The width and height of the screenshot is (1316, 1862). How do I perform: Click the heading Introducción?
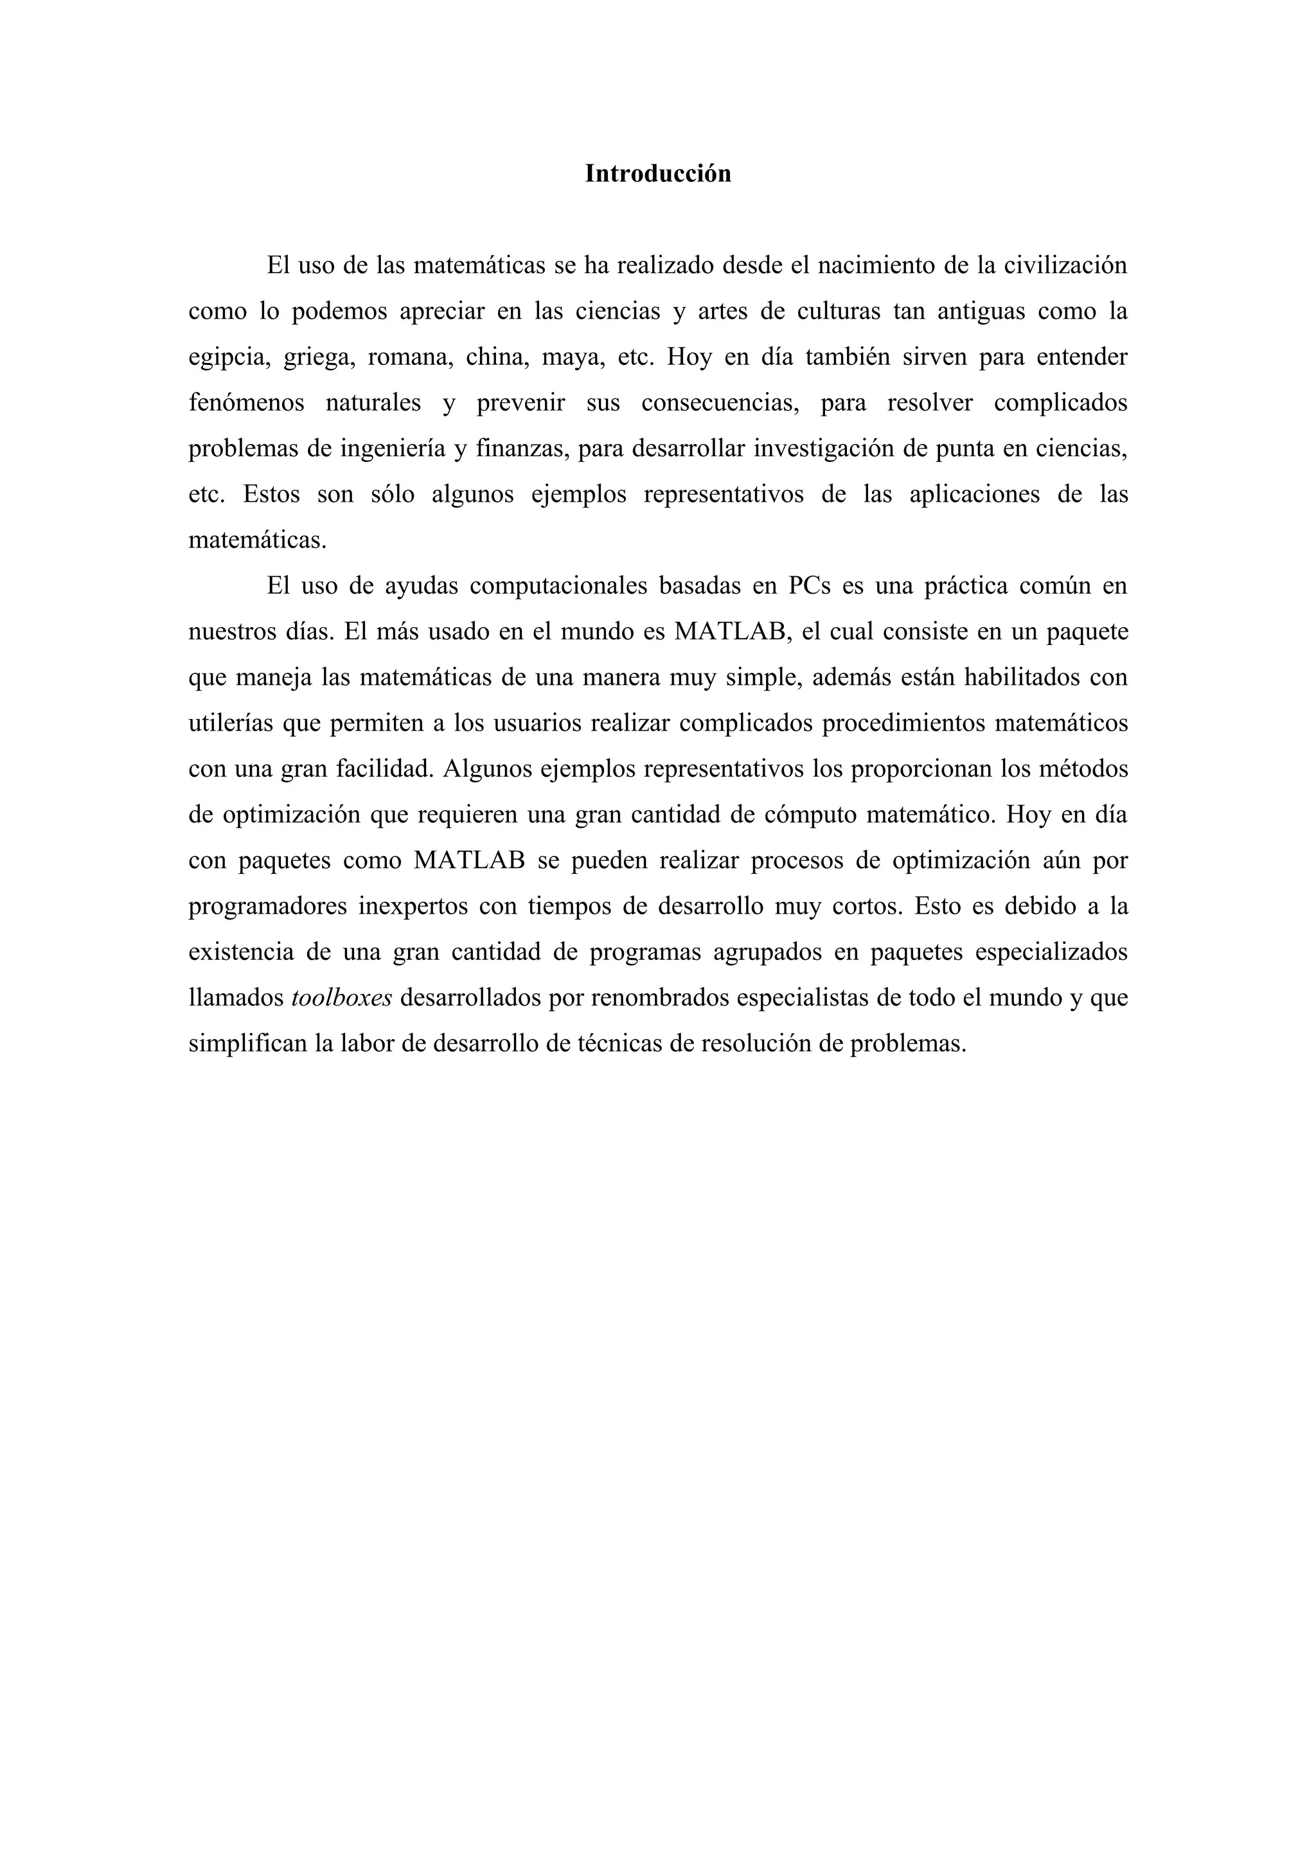point(657,173)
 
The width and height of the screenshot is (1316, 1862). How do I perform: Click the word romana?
point(409,358)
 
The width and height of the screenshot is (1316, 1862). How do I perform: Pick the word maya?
point(573,358)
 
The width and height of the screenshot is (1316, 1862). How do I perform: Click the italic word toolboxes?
point(341,997)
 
